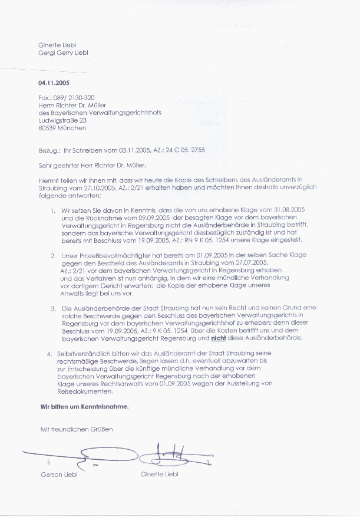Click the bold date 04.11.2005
click(54, 83)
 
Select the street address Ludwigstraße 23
click(62, 120)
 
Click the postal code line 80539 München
click(60, 127)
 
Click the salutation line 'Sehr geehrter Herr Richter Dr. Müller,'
click(90, 166)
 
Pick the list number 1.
click(52, 210)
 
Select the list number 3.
click(52, 308)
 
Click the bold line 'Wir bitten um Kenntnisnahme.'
click(84, 406)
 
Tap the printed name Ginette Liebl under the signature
click(159, 474)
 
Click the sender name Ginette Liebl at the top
click(57, 45)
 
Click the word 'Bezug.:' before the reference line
click(48, 150)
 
